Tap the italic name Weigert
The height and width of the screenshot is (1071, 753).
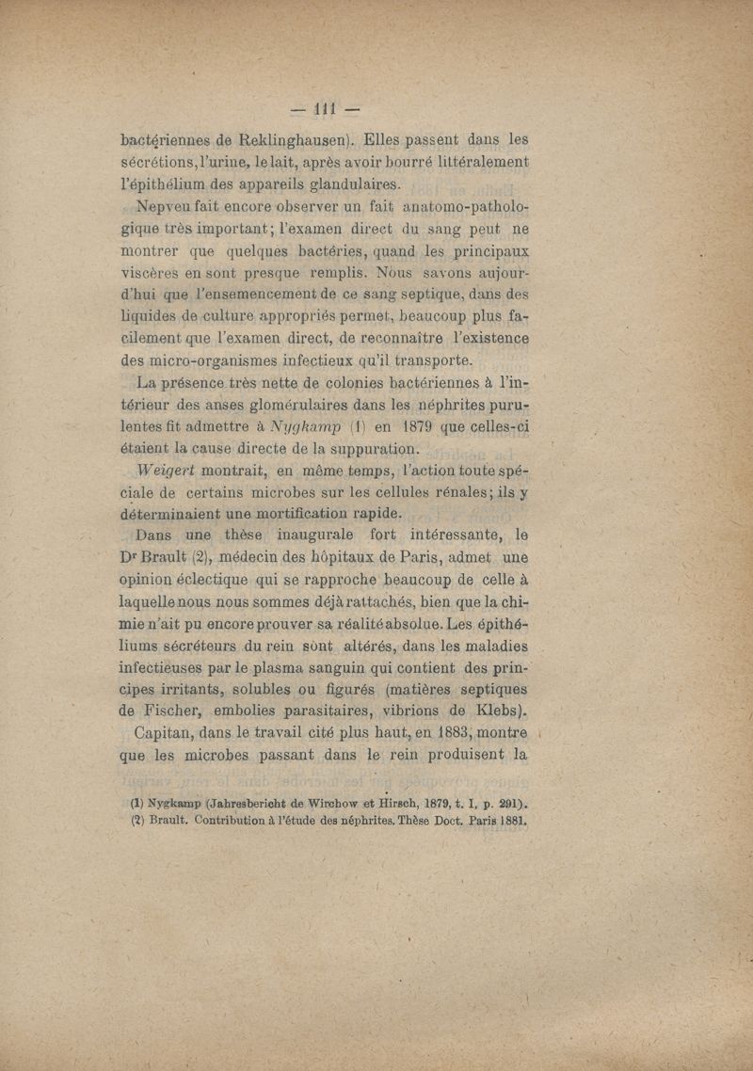168,470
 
